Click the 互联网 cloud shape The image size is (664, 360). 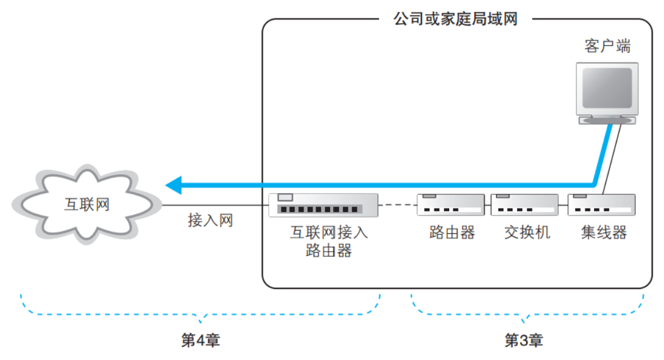tap(86, 204)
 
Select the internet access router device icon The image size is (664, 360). tap(323, 205)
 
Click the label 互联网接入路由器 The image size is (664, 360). tap(328, 242)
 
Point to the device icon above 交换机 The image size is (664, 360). tap(524, 205)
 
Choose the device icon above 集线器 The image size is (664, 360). tap(601, 205)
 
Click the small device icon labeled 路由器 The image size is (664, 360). tap(450, 205)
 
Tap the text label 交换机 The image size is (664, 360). tap(527, 232)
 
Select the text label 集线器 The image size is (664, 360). tap(604, 232)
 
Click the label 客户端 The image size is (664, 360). tap(607, 47)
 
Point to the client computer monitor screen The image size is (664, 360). tap(607, 88)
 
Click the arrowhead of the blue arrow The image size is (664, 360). tap(173, 185)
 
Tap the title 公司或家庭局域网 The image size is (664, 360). tap(455, 19)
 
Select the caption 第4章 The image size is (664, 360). tap(200, 340)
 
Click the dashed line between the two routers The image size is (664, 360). tap(397, 206)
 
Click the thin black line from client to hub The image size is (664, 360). tap(613, 157)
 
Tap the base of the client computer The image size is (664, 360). tap(607, 120)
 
